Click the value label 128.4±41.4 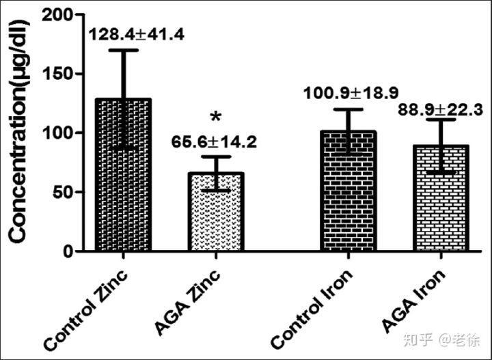(124, 34)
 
